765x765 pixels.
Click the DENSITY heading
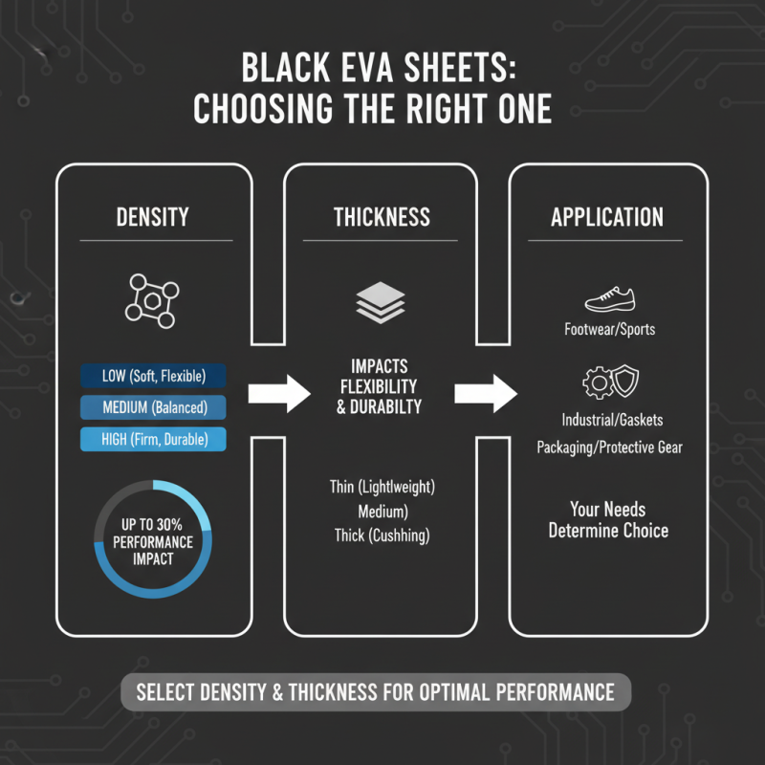click(x=153, y=217)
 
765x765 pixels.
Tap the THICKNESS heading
click(x=382, y=217)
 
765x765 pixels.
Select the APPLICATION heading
click(x=607, y=217)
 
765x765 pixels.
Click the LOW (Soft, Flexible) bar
click(x=153, y=376)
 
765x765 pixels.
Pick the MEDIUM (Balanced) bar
click(x=153, y=407)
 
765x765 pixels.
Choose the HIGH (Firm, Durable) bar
click(x=153, y=440)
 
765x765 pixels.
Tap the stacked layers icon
click(x=381, y=303)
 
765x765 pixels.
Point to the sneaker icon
click(x=608, y=300)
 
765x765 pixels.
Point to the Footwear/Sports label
click(x=610, y=330)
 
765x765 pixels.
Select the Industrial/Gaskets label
click(x=609, y=421)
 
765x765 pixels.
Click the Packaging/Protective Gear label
click(x=609, y=448)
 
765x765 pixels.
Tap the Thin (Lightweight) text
click(x=382, y=488)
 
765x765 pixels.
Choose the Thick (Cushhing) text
click(x=382, y=535)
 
